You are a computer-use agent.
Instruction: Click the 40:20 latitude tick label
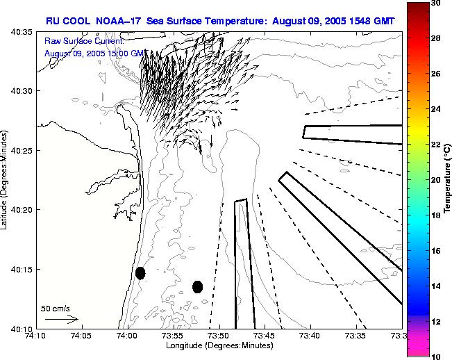click(22, 209)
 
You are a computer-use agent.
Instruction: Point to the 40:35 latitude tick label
click(22, 32)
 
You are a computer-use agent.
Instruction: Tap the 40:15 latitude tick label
click(22, 269)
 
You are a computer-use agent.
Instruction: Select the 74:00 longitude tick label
click(126, 336)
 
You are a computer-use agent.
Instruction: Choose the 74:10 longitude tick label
click(35, 336)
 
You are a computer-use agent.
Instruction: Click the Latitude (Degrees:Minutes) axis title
click(5, 180)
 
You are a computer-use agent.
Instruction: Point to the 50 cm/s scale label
click(55, 308)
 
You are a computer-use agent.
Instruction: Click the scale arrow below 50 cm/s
click(62, 319)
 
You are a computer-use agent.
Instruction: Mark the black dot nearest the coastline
click(140, 272)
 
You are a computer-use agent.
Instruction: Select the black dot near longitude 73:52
click(197, 286)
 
